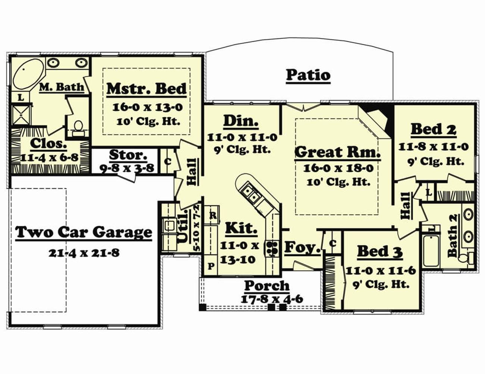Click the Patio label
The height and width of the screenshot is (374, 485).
[x=308, y=75]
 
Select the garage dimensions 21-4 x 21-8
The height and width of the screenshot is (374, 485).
[x=84, y=253]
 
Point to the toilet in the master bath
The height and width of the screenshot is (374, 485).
[x=78, y=129]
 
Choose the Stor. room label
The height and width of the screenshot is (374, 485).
[x=128, y=155]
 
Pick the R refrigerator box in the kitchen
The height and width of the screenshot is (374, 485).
[x=213, y=215]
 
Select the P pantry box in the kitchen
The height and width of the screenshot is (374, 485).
[x=210, y=266]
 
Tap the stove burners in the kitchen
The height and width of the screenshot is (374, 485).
[x=272, y=248]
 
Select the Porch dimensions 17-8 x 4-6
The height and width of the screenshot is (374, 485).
[x=272, y=299]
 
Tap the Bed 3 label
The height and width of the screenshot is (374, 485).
[x=380, y=252]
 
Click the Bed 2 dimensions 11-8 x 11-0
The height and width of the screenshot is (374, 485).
[x=434, y=147]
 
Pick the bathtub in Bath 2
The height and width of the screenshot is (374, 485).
[x=431, y=251]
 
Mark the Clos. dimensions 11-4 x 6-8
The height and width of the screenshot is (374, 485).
[x=49, y=158]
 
